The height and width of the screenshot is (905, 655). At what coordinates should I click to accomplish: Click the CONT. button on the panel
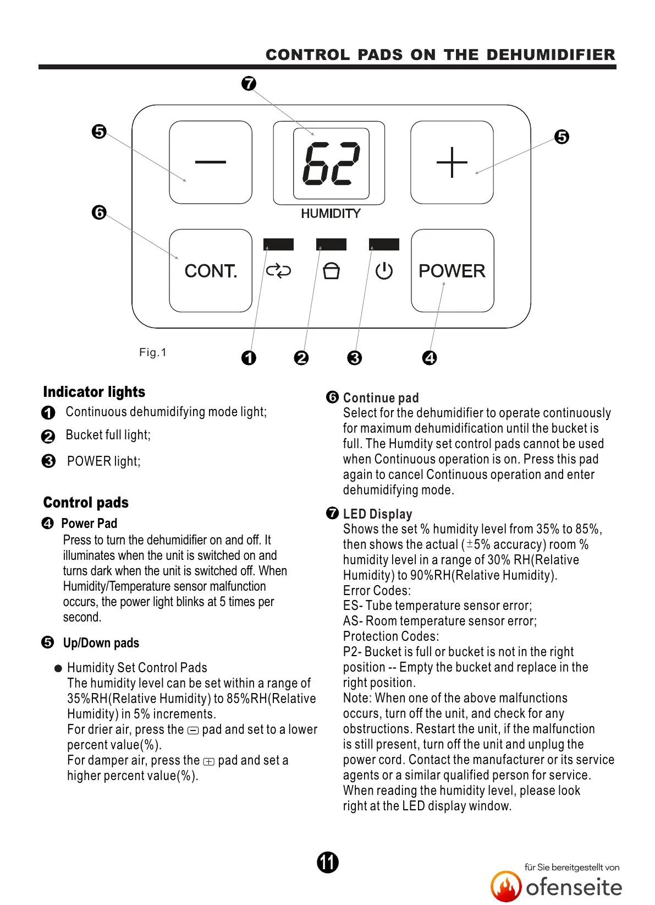tap(211, 271)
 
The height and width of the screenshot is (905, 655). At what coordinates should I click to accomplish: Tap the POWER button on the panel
tap(452, 271)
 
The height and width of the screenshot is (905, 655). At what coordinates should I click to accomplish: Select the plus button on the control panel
tap(452, 162)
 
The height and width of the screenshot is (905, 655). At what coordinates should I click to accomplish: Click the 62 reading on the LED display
tap(331, 163)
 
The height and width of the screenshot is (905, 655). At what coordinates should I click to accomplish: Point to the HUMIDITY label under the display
tap(331, 214)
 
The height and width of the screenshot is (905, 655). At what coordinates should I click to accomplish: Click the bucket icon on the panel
tap(331, 271)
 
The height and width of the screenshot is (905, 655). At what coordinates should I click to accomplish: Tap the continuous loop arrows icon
tap(278, 271)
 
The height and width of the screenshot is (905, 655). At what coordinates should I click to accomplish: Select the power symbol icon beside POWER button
tap(384, 271)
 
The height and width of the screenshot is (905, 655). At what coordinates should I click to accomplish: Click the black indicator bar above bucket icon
tap(331, 244)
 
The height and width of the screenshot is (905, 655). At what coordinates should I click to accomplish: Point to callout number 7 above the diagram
tap(249, 84)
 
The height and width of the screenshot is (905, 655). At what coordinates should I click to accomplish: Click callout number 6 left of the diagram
tap(99, 212)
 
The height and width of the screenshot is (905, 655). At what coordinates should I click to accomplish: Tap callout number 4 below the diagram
tap(430, 358)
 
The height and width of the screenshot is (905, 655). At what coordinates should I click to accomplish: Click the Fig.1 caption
tap(152, 352)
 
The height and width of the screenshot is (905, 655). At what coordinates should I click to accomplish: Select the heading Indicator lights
tap(94, 392)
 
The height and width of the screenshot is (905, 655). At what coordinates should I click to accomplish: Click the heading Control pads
tap(86, 503)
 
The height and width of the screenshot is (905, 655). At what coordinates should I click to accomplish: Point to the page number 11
tap(328, 862)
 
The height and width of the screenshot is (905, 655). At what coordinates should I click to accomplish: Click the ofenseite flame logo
tap(505, 886)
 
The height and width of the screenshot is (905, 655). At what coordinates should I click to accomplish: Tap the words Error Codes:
tap(377, 591)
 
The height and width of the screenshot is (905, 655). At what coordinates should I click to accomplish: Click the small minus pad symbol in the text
tap(193, 731)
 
